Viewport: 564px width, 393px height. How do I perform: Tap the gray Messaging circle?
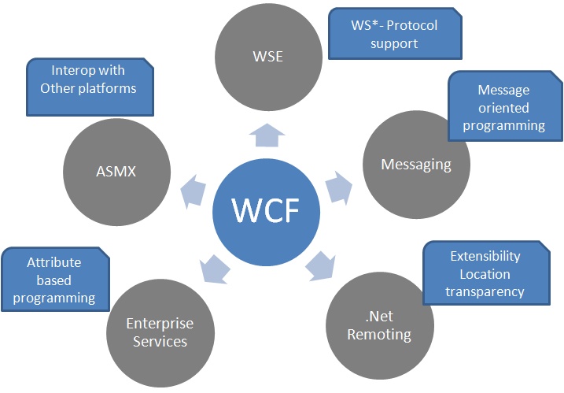(416, 164)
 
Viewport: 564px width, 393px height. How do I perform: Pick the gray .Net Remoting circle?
(379, 325)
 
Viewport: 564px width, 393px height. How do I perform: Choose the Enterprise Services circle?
(160, 332)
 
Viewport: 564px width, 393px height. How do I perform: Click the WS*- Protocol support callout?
(393, 33)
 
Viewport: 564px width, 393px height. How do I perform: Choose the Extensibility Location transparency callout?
(485, 273)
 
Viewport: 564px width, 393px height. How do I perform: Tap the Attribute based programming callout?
(54, 280)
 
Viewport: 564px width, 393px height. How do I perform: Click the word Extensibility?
(485, 257)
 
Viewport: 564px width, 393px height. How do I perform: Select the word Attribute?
(53, 262)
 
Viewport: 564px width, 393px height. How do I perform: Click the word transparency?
(485, 291)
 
